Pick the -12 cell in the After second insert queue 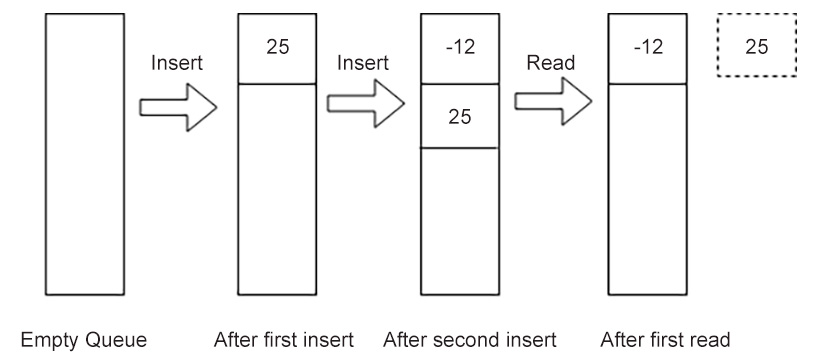click(459, 48)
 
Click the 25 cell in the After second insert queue click(459, 116)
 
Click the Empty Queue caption click(84, 338)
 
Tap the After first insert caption click(284, 338)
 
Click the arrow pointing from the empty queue click(178, 107)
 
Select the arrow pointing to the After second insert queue click(365, 103)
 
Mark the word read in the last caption click(699, 338)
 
